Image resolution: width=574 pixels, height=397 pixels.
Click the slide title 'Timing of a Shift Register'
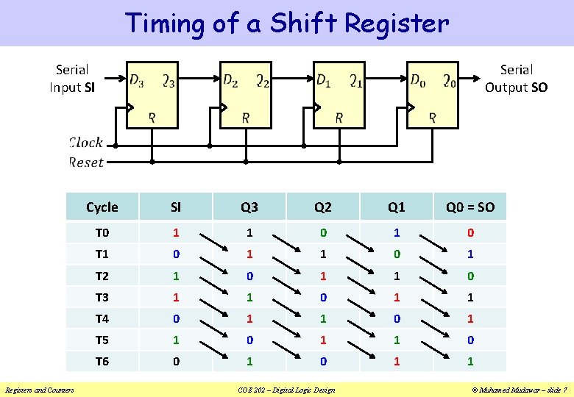click(x=286, y=23)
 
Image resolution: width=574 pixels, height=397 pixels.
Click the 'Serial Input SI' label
click(x=71, y=79)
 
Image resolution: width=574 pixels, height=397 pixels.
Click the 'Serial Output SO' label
click(x=516, y=79)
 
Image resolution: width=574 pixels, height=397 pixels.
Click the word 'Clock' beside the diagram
click(x=85, y=143)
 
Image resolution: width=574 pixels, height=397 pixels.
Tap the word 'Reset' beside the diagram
click(x=86, y=162)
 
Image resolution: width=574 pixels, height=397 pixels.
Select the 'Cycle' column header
click(x=102, y=207)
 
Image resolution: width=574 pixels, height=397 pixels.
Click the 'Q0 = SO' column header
click(x=470, y=207)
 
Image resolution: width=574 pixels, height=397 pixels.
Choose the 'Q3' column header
click(x=249, y=207)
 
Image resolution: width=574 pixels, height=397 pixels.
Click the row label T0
click(x=102, y=233)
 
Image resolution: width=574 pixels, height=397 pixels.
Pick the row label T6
click(x=102, y=361)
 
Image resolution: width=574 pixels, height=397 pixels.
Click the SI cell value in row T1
click(x=176, y=254)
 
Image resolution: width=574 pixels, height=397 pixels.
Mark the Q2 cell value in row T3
click(x=323, y=297)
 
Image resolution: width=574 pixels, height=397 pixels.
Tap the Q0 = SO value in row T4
click(x=470, y=318)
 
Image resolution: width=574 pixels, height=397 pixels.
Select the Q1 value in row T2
click(x=397, y=276)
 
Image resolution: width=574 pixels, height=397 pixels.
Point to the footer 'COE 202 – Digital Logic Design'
click(x=286, y=390)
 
